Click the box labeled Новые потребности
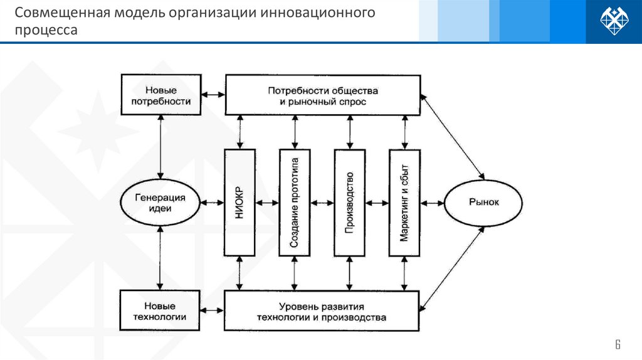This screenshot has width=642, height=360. click(x=161, y=95)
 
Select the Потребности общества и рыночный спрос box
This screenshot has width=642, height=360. click(x=322, y=95)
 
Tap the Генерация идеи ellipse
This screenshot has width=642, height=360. click(x=160, y=203)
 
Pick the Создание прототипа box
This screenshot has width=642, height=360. click(x=295, y=203)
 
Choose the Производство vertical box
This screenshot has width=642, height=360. click(x=349, y=203)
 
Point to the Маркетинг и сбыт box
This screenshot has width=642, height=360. click(x=404, y=203)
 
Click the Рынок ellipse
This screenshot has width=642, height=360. click(x=483, y=203)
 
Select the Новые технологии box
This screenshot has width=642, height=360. click(x=160, y=311)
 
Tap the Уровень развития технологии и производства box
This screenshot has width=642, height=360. click(x=321, y=311)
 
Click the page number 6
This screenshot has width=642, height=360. click(x=617, y=344)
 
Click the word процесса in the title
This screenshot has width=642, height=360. click(x=47, y=30)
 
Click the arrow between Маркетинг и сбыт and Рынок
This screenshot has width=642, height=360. click(x=432, y=203)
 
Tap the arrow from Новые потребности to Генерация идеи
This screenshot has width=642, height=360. click(x=161, y=146)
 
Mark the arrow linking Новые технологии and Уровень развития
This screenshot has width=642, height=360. click(x=213, y=311)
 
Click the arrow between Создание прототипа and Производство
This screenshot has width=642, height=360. click(x=322, y=203)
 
